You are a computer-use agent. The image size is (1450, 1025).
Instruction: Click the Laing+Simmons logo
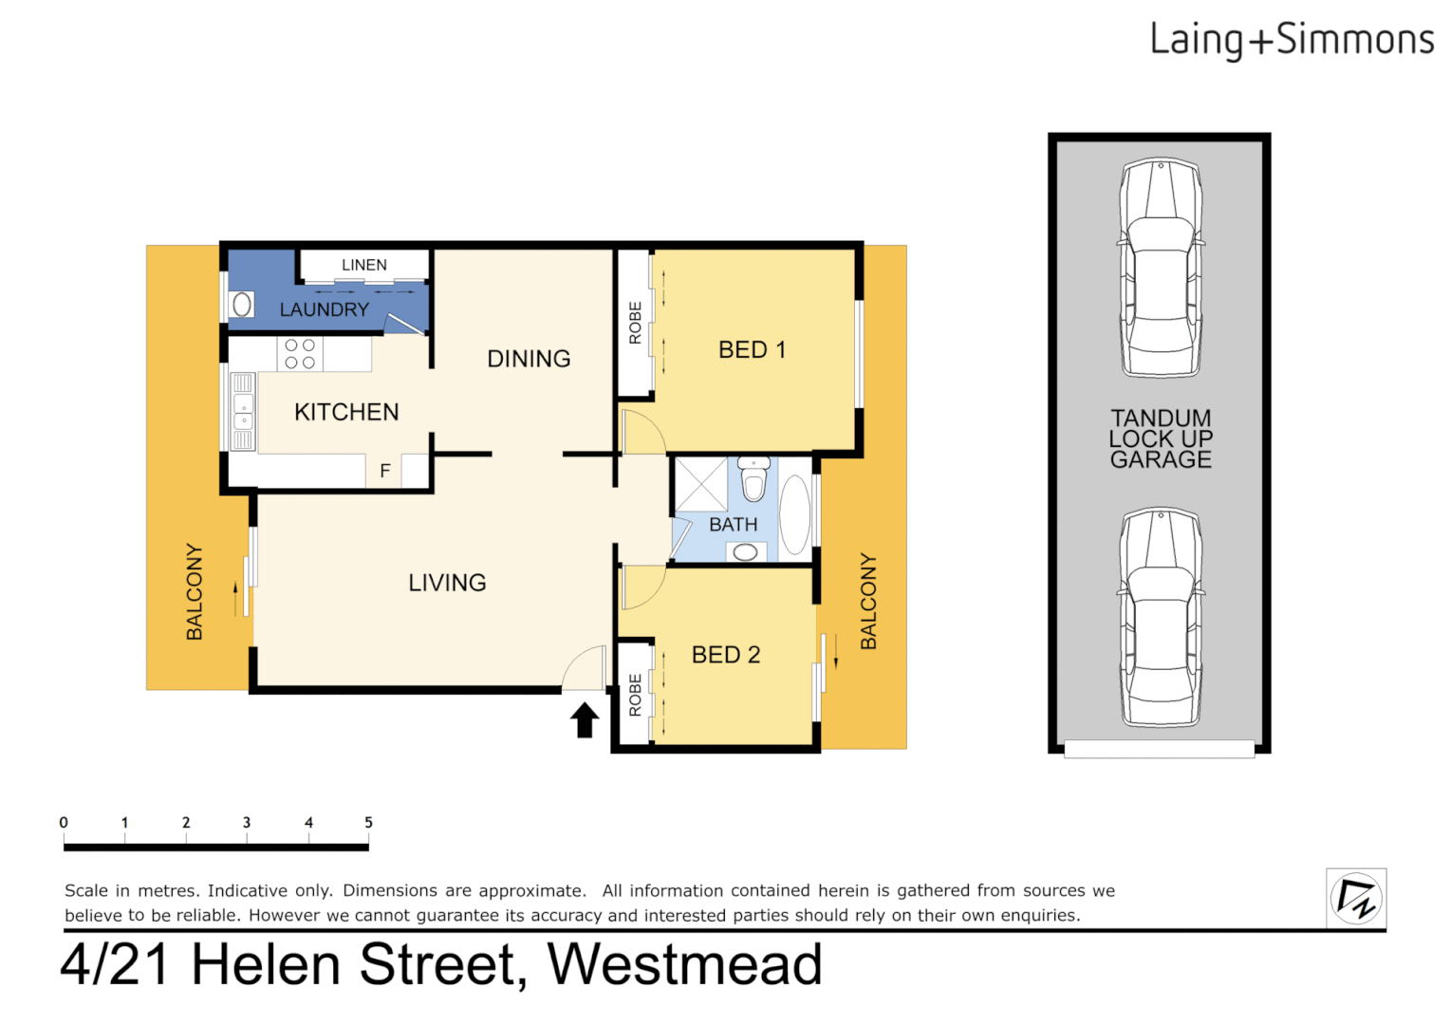tap(1291, 41)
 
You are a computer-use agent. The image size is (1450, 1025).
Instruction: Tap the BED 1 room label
tap(752, 350)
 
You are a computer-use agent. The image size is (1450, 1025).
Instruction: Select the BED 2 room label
tap(726, 655)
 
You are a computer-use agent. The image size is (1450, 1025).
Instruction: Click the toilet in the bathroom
tap(754, 478)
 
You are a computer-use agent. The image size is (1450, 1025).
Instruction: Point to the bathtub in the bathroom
tap(795, 515)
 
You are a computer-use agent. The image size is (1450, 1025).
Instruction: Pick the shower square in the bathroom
tap(700, 485)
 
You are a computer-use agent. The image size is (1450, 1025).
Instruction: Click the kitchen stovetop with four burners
tap(300, 354)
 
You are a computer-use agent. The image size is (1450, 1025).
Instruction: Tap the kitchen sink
tap(243, 411)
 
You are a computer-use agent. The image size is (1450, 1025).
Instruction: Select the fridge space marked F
tap(384, 471)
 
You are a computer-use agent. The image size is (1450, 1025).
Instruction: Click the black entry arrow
tap(585, 719)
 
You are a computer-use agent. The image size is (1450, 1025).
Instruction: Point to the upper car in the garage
tap(1160, 269)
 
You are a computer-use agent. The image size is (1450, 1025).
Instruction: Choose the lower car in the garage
tap(1160, 617)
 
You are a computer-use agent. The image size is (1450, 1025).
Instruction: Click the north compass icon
tap(1356, 898)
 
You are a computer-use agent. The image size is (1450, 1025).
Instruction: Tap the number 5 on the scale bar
tap(368, 823)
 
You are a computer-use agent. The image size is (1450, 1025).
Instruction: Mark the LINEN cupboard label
tap(364, 265)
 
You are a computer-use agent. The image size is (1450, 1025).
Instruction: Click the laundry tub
tap(242, 305)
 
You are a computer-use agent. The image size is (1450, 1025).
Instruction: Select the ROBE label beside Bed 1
tap(635, 323)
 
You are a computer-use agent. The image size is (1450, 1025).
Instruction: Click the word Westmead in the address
tap(684, 965)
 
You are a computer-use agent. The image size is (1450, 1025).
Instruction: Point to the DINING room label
tap(529, 359)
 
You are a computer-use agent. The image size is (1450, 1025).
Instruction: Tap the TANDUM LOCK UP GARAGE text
tap(1161, 438)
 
